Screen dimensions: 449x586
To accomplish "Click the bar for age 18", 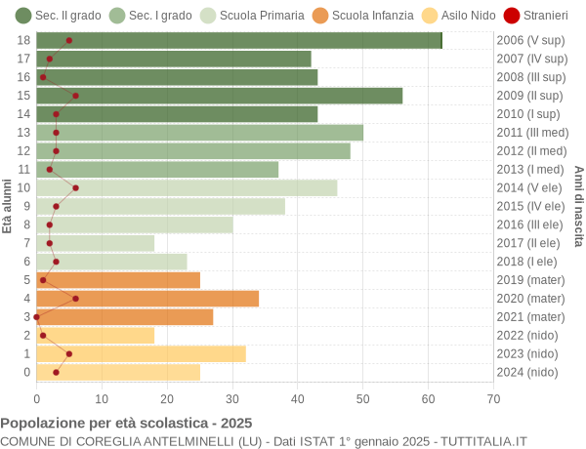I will coord(239,40).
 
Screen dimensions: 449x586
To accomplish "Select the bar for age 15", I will coord(220,96).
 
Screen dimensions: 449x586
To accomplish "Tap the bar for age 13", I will coord(200,133).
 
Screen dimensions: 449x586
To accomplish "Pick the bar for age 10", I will coord(187,187).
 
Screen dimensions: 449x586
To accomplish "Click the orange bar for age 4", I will coord(147,299).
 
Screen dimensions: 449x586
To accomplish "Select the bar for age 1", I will coord(142,353).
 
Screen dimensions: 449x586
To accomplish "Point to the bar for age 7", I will coord(96,243).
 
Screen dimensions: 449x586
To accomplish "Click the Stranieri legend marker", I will coord(511,15).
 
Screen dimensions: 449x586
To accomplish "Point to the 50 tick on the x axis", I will coord(363,398).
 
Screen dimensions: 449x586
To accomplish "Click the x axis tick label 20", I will coord(167,398).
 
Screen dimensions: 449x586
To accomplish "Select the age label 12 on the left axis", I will coord(24,150).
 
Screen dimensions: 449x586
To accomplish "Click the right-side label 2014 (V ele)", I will coord(530,187).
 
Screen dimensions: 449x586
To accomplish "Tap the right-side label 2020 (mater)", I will coord(530,299).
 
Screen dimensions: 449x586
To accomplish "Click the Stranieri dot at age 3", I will coord(37,317).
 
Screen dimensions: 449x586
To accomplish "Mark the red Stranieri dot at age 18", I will coord(68,40).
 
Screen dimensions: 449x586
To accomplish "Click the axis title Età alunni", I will coord(8,206).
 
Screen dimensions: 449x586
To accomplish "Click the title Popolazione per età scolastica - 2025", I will coord(126,424).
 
